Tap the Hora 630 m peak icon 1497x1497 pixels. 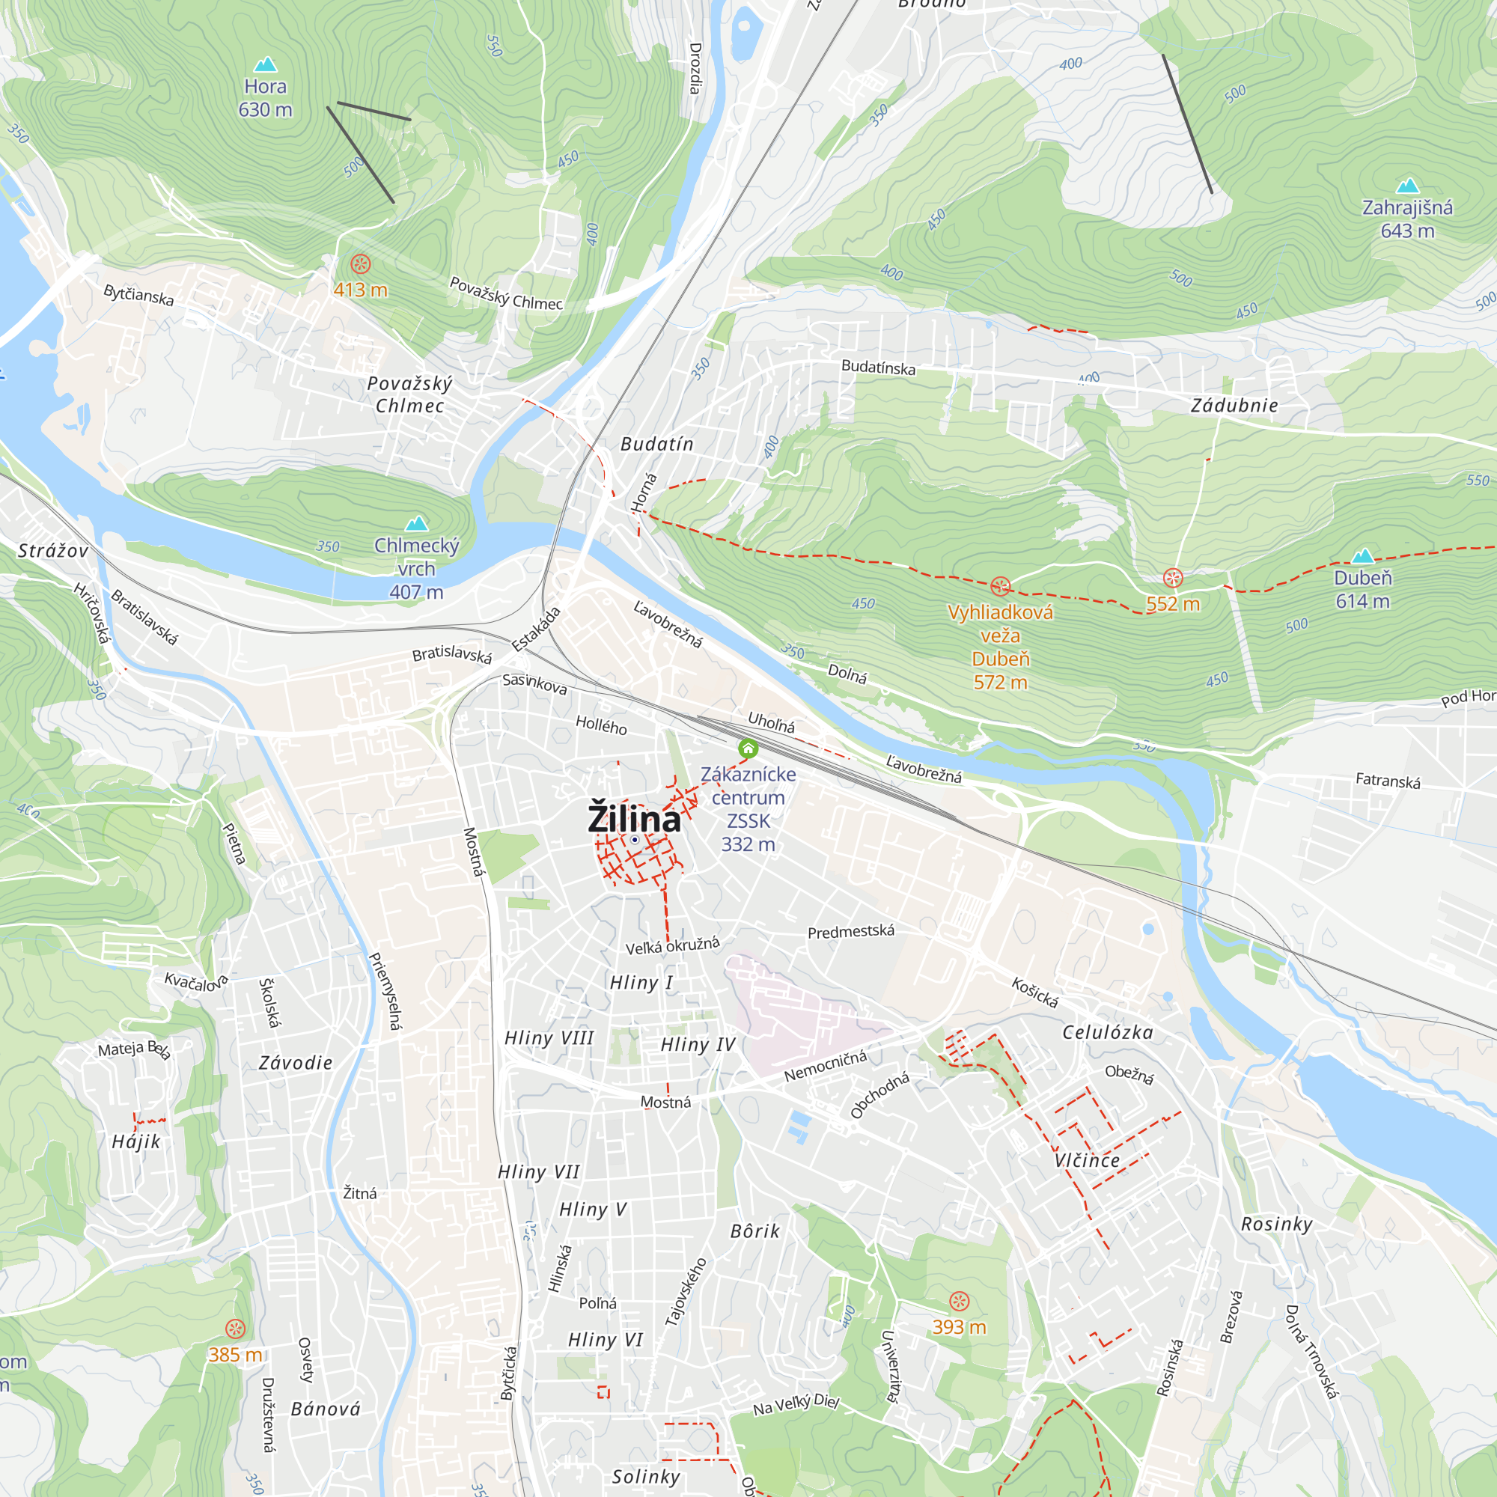point(266,64)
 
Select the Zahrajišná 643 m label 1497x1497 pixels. point(1407,219)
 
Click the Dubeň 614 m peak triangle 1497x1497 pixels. point(1362,555)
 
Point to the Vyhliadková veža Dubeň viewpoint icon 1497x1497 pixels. point(1000,586)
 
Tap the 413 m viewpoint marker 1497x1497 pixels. point(360,264)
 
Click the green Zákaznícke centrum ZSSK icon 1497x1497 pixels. point(748,748)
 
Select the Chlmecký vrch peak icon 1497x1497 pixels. point(417,523)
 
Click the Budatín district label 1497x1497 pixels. point(657,444)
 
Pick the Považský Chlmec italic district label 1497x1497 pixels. point(410,394)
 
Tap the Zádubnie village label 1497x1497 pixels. point(1234,405)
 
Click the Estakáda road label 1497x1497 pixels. point(535,629)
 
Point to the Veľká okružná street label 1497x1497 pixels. point(673,945)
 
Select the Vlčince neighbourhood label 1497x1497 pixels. point(1087,1160)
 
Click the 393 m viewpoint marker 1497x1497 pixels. point(960,1301)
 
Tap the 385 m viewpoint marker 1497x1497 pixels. point(235,1329)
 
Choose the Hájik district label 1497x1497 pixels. point(136,1141)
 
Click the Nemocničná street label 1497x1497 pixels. point(825,1067)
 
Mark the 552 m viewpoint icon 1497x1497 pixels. point(1173,578)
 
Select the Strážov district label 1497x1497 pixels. point(52,551)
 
